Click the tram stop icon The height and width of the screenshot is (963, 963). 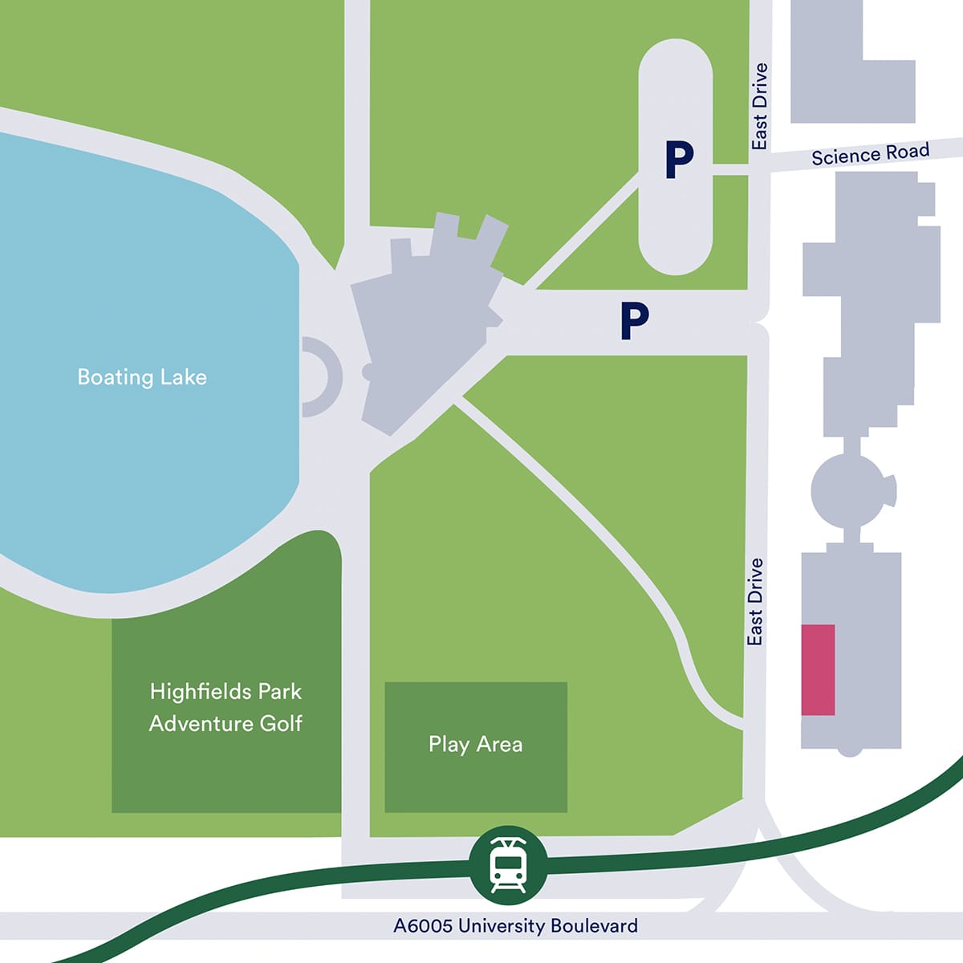coord(508,864)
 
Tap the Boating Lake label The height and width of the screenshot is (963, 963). coord(142,377)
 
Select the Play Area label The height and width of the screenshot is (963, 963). coord(475,744)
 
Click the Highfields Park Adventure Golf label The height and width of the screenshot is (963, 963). coord(226,707)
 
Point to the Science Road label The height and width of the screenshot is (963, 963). coord(870,153)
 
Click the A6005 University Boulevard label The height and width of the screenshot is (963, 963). coord(515,925)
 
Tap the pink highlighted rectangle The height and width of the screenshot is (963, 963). coord(818,669)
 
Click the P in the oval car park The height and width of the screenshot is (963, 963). coord(679,160)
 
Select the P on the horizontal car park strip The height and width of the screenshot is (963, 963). coord(634,321)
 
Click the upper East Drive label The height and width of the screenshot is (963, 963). coord(759,106)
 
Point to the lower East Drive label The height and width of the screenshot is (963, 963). coord(754,602)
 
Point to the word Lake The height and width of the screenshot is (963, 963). coord(183,377)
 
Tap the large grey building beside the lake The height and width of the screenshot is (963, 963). coord(425,321)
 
